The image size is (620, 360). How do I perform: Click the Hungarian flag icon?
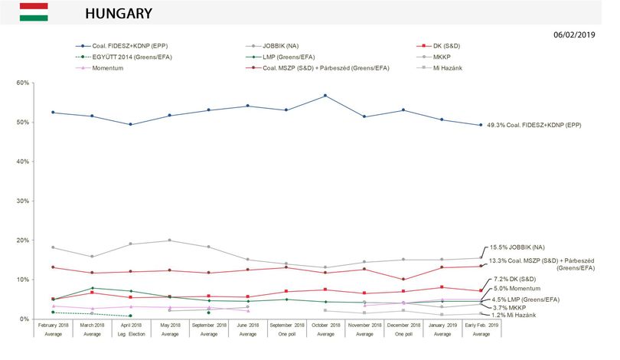tap(34, 11)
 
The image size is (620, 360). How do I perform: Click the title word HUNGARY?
tap(119, 14)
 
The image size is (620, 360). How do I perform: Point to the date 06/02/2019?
tap(574, 34)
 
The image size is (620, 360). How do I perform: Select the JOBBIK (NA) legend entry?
tap(272, 46)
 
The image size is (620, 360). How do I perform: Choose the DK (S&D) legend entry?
tap(439, 46)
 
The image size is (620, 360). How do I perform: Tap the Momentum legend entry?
tap(100, 68)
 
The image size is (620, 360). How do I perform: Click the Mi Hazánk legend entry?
tap(439, 68)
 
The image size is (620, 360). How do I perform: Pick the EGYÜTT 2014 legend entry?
tap(123, 57)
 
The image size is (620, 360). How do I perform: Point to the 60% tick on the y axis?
tap(23, 83)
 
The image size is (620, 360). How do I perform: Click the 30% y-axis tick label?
tap(23, 201)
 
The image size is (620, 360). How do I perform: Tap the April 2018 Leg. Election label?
tap(132, 329)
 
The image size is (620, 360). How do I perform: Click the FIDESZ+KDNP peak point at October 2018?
tap(325, 96)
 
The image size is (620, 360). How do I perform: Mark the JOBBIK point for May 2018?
tap(170, 241)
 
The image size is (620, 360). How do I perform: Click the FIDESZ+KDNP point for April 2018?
tap(131, 125)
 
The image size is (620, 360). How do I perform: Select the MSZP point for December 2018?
tap(403, 280)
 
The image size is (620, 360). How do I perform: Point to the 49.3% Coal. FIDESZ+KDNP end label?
tap(534, 125)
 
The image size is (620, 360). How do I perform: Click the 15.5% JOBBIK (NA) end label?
tap(517, 247)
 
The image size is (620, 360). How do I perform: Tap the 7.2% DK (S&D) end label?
tap(515, 279)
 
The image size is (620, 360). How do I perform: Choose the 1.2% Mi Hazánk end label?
tap(514, 316)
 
